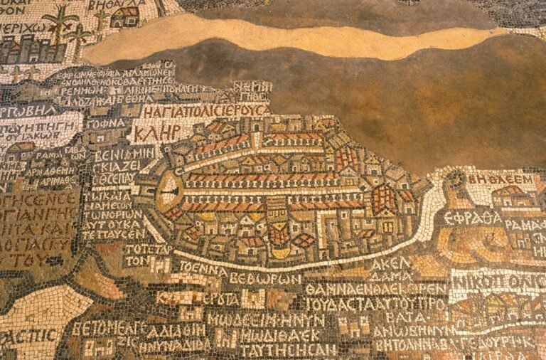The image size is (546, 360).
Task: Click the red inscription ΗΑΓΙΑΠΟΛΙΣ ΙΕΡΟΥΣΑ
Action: coord(204,111)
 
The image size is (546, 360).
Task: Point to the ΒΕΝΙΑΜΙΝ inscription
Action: coord(124,152)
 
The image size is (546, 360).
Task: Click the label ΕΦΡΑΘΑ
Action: coord(472,218)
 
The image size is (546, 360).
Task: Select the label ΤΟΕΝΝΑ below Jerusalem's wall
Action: coord(202,270)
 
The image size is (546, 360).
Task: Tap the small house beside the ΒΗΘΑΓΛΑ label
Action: coord(125,16)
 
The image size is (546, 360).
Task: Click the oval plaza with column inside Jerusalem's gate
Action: coord(168,191)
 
